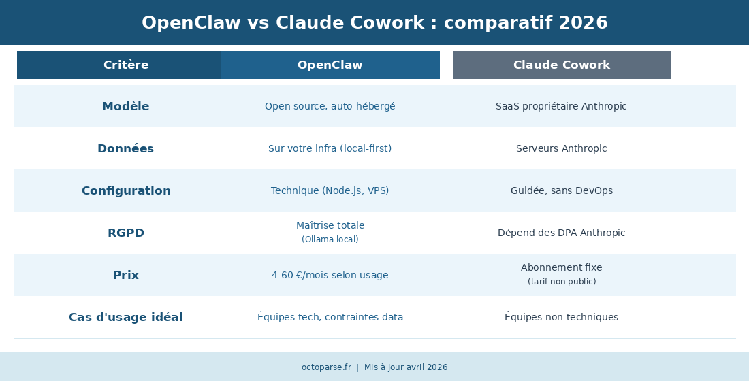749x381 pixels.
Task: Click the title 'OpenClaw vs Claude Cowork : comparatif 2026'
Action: click(x=374, y=22)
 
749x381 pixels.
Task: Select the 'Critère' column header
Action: click(x=126, y=65)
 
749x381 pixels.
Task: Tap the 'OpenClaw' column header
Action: click(x=330, y=65)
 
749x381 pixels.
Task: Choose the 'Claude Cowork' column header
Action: click(x=562, y=65)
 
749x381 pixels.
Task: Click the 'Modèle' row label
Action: click(x=126, y=106)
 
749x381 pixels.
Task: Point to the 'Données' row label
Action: click(x=126, y=148)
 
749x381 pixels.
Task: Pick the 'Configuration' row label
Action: click(x=126, y=190)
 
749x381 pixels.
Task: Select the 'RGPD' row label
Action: click(x=126, y=233)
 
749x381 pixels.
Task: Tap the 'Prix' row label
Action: click(x=126, y=275)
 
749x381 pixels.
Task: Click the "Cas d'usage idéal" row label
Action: click(x=126, y=317)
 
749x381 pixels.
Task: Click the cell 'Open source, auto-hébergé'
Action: click(x=330, y=106)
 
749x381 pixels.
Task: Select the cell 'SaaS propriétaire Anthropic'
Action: click(x=561, y=106)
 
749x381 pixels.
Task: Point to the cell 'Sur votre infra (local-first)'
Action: click(x=330, y=148)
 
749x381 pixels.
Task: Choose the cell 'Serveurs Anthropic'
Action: click(x=562, y=148)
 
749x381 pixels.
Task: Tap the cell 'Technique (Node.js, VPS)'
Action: click(x=330, y=190)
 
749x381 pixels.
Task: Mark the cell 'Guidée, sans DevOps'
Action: click(x=562, y=190)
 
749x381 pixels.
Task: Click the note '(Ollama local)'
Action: click(x=330, y=239)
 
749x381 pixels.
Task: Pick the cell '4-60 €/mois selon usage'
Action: click(x=330, y=275)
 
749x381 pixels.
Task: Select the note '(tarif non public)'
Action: click(x=562, y=282)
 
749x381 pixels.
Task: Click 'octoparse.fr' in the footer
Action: click(x=326, y=367)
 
